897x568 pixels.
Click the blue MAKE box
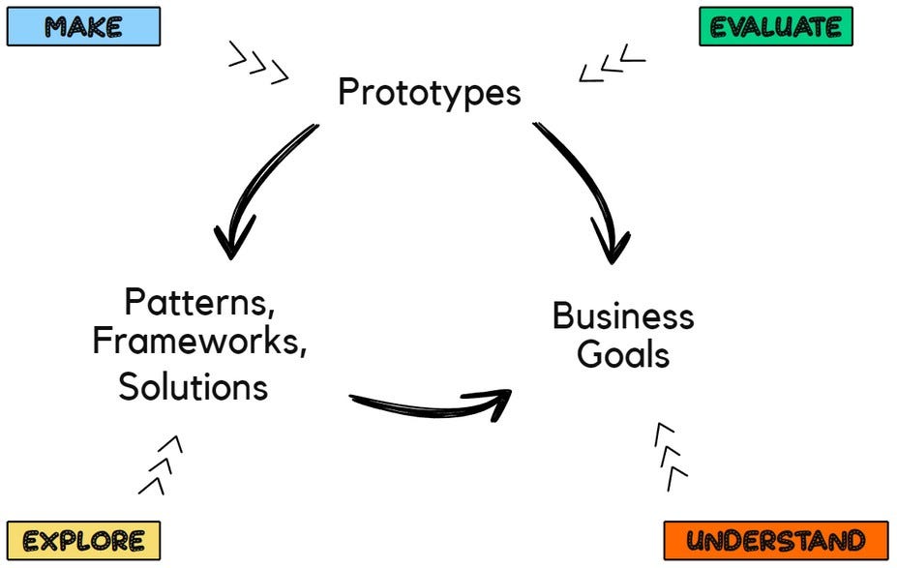tap(83, 26)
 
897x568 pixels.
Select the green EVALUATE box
tap(776, 26)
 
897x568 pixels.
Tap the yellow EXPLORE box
tap(83, 540)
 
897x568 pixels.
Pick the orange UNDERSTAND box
tap(776, 540)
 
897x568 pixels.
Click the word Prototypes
tap(429, 93)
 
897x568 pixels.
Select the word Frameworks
tap(199, 344)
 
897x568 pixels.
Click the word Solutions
tap(193, 386)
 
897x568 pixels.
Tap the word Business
tap(623, 316)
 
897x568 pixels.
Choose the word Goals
tap(623, 355)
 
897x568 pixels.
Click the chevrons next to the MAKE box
tap(258, 62)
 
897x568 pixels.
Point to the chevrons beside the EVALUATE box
tap(612, 64)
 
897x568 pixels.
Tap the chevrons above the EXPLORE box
tap(161, 464)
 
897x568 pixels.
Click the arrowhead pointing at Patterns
tap(232, 237)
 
